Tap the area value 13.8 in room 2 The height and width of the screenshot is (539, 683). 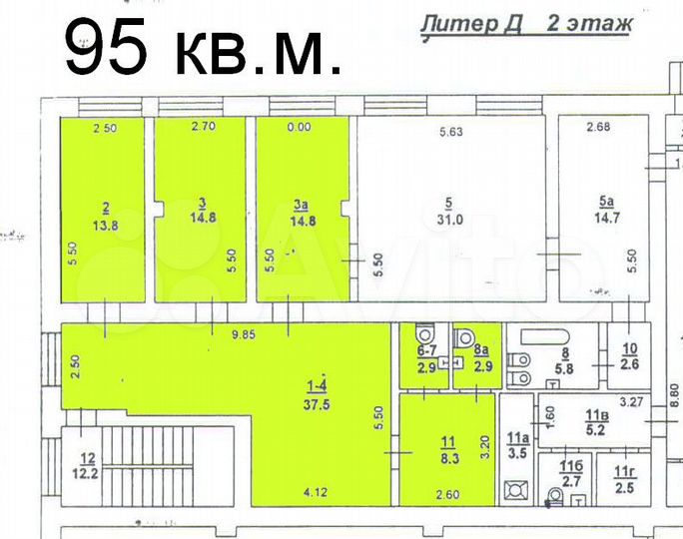[x=106, y=226]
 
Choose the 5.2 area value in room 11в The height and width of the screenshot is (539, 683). [x=596, y=430]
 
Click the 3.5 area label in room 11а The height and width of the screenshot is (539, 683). [x=516, y=452]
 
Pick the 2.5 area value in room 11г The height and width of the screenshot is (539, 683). [x=624, y=487]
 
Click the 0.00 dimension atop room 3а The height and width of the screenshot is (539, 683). [x=300, y=127]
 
